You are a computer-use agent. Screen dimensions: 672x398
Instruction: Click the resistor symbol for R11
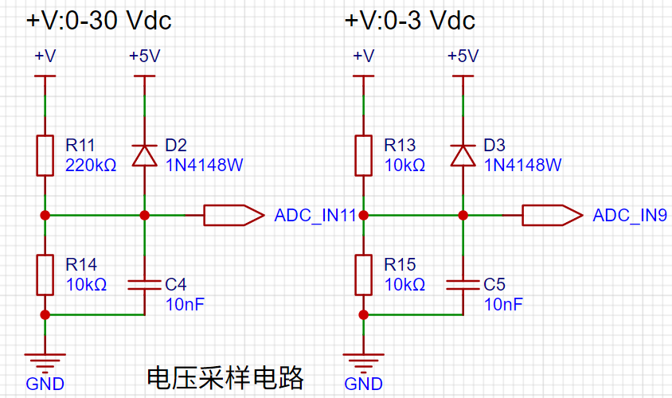point(45,155)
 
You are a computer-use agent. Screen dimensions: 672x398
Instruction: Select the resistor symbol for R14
point(45,275)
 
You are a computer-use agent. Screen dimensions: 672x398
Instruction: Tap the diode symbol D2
point(144,155)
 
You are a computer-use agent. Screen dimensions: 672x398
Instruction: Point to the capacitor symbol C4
point(144,285)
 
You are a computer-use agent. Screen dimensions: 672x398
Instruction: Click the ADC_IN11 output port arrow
point(234,215)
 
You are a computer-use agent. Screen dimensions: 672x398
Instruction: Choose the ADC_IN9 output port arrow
point(553,215)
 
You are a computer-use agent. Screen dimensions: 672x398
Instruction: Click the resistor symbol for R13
point(363,155)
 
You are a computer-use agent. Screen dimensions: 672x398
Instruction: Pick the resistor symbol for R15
point(363,275)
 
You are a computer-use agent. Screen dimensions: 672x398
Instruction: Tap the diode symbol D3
point(463,155)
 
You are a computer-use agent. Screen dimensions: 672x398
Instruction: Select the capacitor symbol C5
point(463,285)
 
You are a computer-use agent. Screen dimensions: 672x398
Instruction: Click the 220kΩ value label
point(91,165)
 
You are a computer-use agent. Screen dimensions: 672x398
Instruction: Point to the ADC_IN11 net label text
point(315,215)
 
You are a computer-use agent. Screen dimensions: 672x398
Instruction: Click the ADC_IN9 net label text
point(630,215)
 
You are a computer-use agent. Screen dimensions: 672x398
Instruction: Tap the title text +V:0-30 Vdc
point(99,20)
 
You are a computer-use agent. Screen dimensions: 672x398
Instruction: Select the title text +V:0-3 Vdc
point(410,20)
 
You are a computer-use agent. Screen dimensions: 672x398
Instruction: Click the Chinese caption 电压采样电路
point(225,378)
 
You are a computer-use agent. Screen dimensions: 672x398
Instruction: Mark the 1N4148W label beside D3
point(523,165)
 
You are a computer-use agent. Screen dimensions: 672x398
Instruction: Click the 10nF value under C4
point(186,305)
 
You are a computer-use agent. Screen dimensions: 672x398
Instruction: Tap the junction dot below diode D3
point(463,215)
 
